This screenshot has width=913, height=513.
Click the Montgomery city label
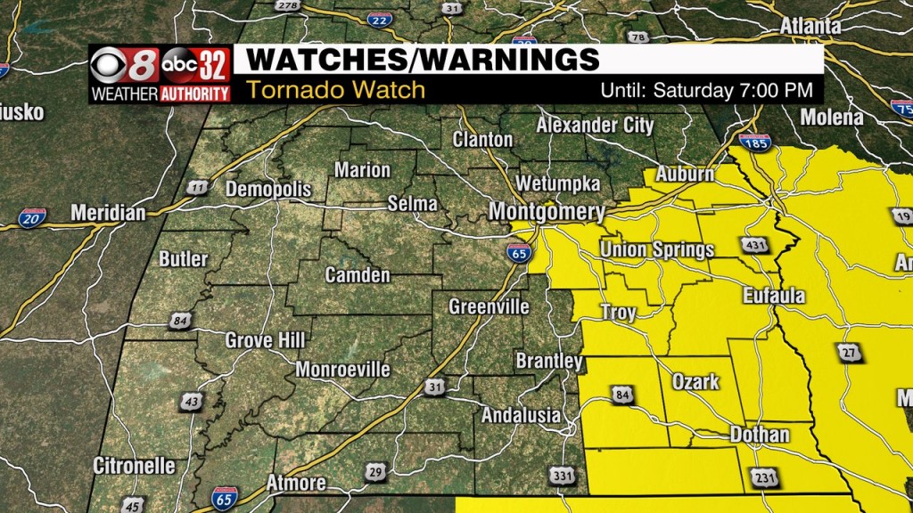[x=547, y=213]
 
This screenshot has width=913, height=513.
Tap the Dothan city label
[x=760, y=435]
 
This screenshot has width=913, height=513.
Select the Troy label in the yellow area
[x=619, y=313]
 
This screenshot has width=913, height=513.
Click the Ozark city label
[x=695, y=381]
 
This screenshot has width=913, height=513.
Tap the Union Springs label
[x=657, y=249]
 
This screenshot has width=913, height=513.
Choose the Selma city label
[x=412, y=204]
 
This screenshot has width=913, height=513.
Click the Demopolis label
[x=268, y=190]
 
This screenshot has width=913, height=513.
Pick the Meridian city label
[x=107, y=214]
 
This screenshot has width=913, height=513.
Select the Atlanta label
[x=810, y=27]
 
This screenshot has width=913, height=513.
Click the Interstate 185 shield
[x=754, y=142]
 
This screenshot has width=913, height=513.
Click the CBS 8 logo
[x=126, y=66]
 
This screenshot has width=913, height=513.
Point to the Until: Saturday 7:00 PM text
[x=706, y=90]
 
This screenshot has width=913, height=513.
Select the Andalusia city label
[x=522, y=415]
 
